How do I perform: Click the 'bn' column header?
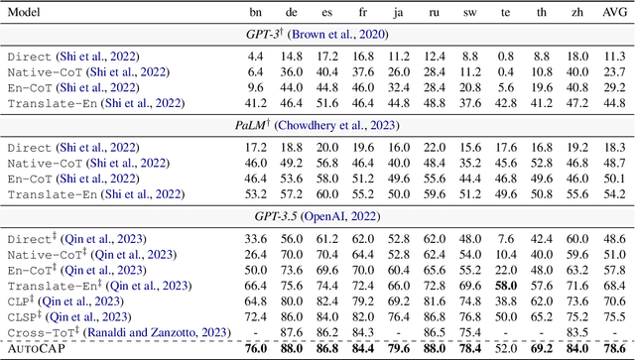pyautogui.click(x=257, y=12)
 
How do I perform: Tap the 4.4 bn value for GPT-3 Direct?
pyautogui.click(x=257, y=56)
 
